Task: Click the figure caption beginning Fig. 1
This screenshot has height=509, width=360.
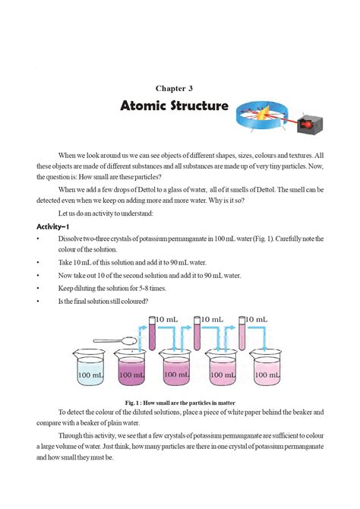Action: tap(179, 402)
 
